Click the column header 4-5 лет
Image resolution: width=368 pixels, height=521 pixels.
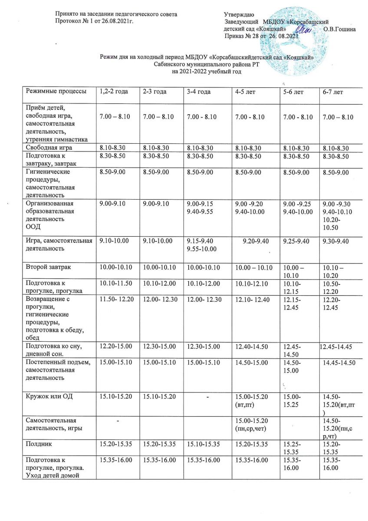(245, 92)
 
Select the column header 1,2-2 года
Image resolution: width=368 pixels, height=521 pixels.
(112, 92)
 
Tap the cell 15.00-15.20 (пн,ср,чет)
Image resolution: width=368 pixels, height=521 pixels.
(251, 424)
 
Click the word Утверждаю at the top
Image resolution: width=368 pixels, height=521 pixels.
(239, 16)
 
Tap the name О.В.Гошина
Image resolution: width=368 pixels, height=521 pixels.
(340, 29)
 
